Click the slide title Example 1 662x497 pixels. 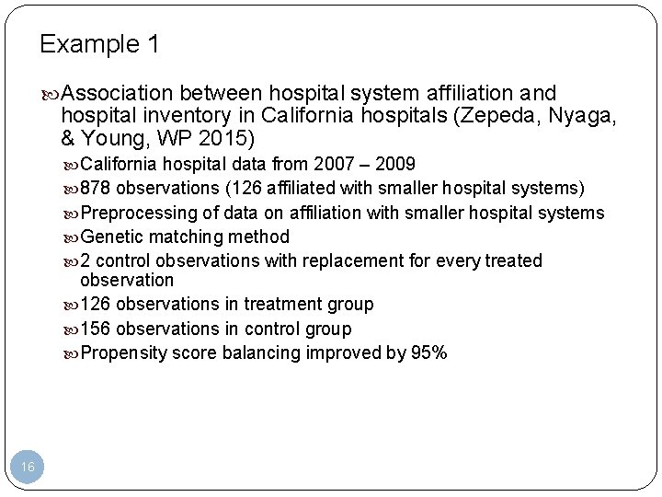point(99,44)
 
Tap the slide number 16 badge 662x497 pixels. point(28,468)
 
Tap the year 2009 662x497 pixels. point(396,165)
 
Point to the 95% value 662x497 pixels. point(429,353)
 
